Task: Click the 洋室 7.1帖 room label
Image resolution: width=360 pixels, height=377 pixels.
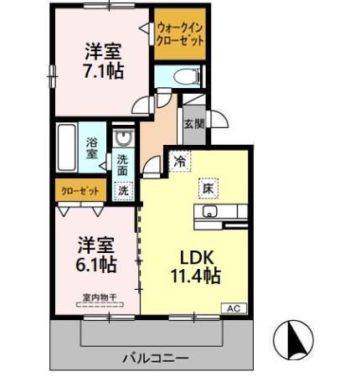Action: [x=103, y=59]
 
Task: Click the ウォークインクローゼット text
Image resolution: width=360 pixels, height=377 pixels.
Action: [x=179, y=35]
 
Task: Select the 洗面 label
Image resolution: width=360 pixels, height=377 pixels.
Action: [x=123, y=165]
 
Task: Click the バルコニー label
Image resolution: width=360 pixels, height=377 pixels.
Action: [x=156, y=359]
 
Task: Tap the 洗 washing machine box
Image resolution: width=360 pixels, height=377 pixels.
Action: [x=123, y=190]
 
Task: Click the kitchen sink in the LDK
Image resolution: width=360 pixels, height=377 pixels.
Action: [x=208, y=212]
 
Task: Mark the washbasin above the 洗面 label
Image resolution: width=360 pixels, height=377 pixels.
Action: [x=123, y=139]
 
